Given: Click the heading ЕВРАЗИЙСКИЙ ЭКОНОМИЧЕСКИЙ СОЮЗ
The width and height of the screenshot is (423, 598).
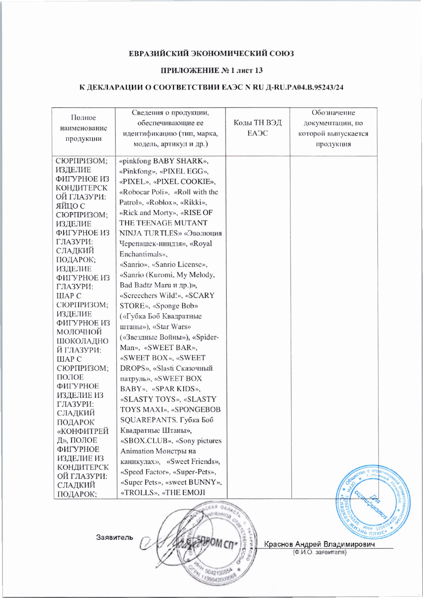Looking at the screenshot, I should click(x=211, y=54).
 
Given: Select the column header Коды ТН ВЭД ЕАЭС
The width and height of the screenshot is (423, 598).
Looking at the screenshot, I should click(x=257, y=128).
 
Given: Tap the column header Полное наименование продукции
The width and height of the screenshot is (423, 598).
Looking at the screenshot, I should click(x=83, y=128).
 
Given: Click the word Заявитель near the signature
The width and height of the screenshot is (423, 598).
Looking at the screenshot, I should click(x=114, y=537).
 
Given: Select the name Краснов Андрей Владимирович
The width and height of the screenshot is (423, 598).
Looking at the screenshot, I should click(x=319, y=544).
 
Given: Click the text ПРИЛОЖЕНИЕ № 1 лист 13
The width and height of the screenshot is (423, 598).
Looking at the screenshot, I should click(x=211, y=70).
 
